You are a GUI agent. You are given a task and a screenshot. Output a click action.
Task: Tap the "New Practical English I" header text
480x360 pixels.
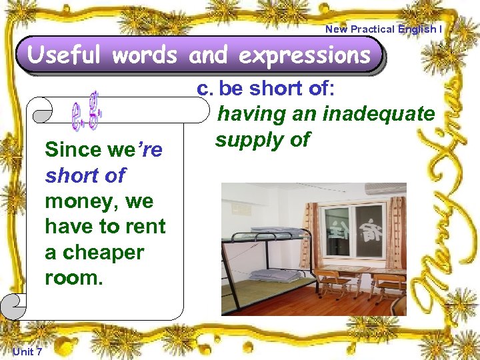pos(383,29)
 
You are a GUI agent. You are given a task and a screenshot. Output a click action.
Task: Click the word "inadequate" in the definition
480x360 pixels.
pos(378,114)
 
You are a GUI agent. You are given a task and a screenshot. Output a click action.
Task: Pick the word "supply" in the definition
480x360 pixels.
pos(248,139)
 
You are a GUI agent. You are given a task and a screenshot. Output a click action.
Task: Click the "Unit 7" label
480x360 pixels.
pos(27,351)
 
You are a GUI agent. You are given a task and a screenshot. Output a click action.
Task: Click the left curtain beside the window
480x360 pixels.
pos(310,233)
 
